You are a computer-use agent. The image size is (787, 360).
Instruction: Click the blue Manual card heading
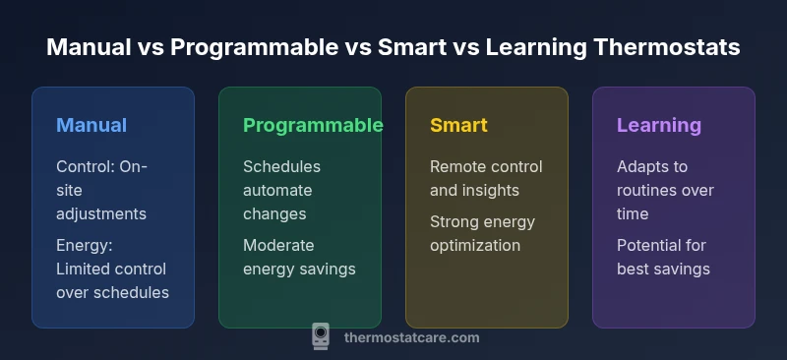[91, 125]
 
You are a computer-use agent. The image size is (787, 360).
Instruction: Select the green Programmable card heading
[313, 125]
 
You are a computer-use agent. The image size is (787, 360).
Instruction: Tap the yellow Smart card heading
[458, 125]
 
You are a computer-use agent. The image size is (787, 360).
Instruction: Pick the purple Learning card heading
[659, 125]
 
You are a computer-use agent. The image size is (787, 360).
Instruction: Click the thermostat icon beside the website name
[321, 336]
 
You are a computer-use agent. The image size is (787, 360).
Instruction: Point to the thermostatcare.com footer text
[412, 337]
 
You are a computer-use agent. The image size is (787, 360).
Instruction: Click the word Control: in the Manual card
[86, 166]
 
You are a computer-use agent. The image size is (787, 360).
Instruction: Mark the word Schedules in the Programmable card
[281, 166]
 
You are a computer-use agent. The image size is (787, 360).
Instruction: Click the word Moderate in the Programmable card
[277, 245]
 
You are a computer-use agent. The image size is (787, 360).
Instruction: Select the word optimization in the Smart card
[475, 245]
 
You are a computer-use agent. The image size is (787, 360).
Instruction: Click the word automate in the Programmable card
[277, 190]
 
